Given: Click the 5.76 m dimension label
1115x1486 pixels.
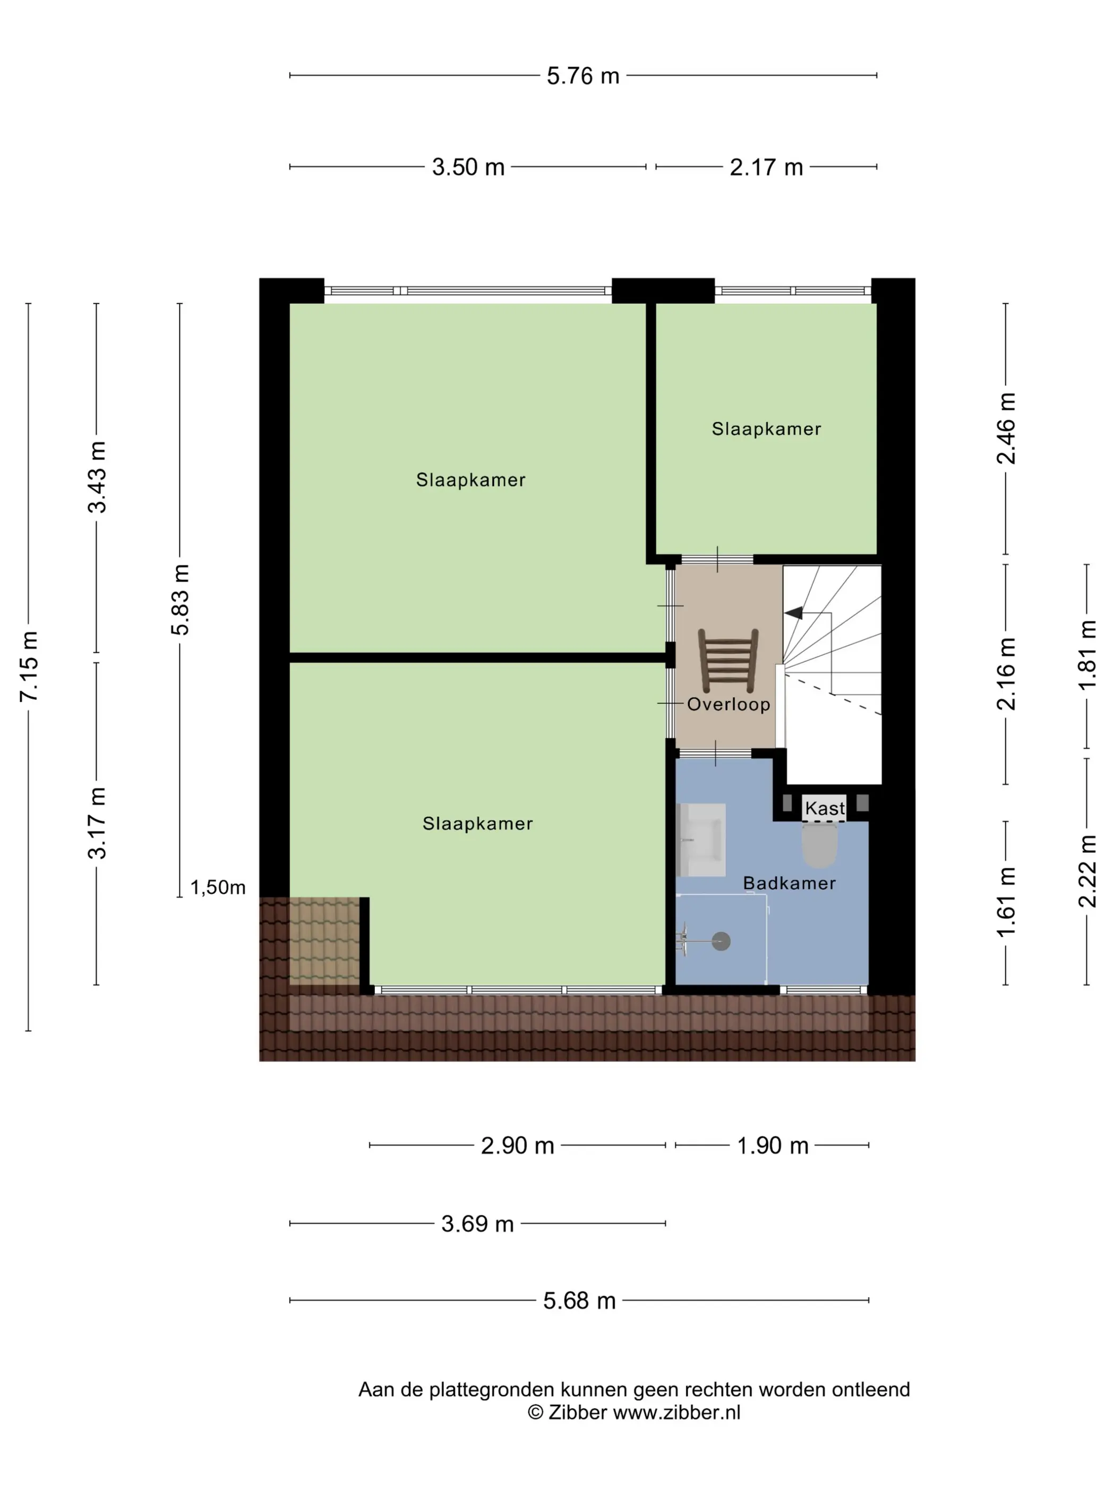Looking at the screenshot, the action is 582,75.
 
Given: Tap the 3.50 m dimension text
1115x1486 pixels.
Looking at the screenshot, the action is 468,167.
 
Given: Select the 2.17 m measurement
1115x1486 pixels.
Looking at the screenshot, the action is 766,167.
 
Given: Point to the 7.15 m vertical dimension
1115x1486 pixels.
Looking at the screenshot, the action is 29,667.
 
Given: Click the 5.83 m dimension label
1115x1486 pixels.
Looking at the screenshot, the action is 180,600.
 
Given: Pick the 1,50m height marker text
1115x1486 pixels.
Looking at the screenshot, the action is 218,887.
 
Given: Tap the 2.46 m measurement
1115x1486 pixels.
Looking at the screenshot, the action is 1006,429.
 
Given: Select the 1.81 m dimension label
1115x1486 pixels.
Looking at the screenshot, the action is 1087,655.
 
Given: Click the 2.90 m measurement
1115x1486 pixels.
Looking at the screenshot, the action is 518,1145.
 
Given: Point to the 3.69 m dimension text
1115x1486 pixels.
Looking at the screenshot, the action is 477,1223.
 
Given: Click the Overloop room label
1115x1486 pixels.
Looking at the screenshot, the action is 728,704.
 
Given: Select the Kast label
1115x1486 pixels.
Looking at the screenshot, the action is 825,808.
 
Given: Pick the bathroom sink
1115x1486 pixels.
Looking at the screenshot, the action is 701,840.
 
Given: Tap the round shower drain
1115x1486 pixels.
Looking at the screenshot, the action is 721,941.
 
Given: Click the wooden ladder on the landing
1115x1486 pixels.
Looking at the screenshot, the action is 728,660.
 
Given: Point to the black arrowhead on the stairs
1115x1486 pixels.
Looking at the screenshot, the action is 793,612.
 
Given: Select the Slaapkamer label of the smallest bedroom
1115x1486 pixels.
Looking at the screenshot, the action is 766,429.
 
